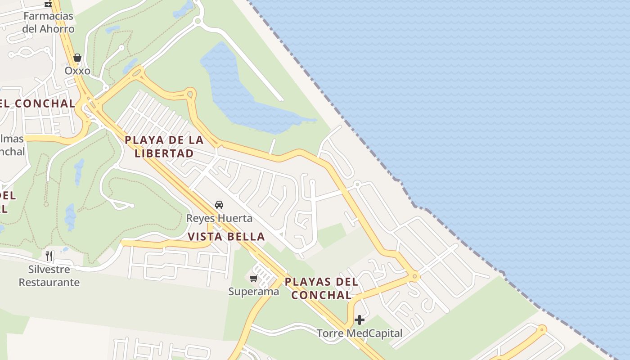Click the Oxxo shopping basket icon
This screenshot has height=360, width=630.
(x=77, y=58)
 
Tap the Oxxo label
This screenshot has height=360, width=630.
(x=77, y=71)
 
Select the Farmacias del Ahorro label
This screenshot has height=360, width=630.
(x=48, y=22)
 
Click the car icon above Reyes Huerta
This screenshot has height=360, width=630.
(x=219, y=205)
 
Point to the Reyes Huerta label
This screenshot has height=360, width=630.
(x=219, y=218)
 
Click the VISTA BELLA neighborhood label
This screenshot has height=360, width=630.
(x=226, y=236)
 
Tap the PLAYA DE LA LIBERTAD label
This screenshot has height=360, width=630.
(x=164, y=146)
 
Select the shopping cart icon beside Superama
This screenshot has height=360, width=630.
(x=253, y=279)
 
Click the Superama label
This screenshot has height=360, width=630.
(x=253, y=291)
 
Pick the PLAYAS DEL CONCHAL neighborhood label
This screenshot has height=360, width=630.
(x=321, y=288)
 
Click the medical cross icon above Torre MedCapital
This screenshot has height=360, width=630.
(x=360, y=320)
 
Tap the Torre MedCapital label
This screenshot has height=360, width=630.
(x=360, y=333)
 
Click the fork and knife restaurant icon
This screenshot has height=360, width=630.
(x=49, y=256)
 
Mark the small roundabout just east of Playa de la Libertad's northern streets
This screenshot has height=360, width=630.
(x=191, y=94)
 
